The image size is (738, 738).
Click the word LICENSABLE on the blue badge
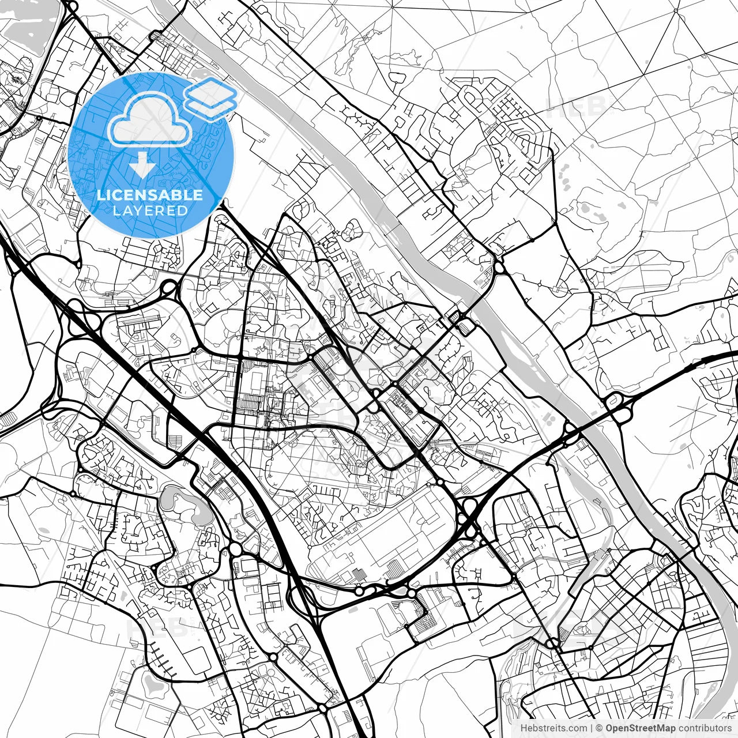[150, 194]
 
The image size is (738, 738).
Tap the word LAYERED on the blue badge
[150, 210]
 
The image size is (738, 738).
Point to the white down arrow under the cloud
[142, 165]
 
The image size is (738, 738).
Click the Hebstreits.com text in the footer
[553, 728]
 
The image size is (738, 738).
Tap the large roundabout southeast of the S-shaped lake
[236, 549]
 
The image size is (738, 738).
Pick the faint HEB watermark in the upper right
[577, 107]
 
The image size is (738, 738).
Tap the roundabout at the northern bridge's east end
[498, 268]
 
